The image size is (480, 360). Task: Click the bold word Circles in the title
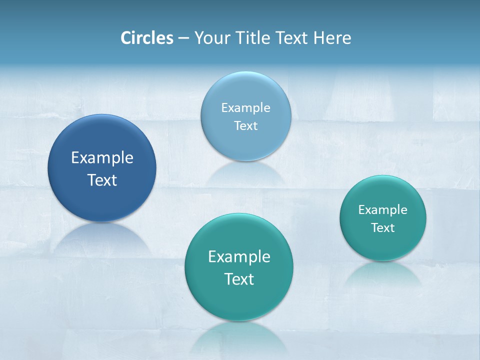click(x=147, y=38)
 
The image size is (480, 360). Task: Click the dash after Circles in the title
click(x=183, y=38)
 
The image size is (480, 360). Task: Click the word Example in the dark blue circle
click(x=102, y=158)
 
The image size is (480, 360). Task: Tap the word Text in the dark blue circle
click(x=102, y=180)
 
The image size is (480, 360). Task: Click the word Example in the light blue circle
click(x=245, y=108)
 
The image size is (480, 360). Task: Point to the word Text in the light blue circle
click(x=245, y=125)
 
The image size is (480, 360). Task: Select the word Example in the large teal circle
click(x=239, y=257)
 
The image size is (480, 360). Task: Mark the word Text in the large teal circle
click(x=239, y=279)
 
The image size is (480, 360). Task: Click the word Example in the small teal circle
click(x=383, y=210)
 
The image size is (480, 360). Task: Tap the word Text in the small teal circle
click(x=383, y=228)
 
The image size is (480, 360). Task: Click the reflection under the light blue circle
click(x=245, y=172)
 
